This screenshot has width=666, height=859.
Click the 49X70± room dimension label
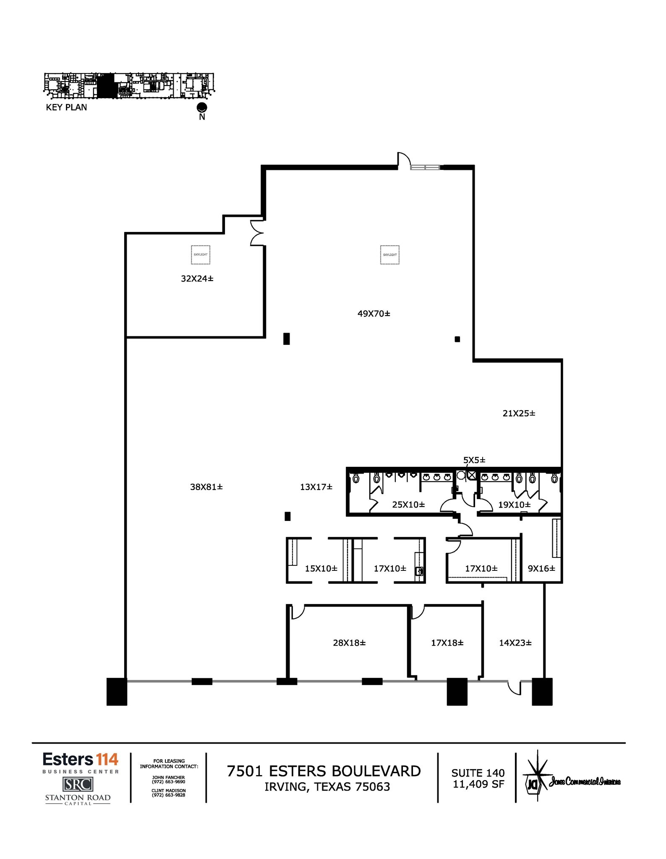[x=373, y=313]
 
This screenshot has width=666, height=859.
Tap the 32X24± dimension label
[x=197, y=279]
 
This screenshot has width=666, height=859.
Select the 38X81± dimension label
[x=206, y=487]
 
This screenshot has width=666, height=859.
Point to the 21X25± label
[x=519, y=413]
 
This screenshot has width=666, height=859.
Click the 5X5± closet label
[x=474, y=460]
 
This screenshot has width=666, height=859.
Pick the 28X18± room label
[x=349, y=643]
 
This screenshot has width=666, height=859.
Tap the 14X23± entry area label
[x=515, y=643]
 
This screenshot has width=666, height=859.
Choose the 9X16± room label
[x=541, y=569]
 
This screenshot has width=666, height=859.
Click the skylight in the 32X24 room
[x=200, y=255]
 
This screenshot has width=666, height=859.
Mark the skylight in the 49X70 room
[x=389, y=255]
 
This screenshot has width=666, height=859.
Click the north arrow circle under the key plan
[x=202, y=107]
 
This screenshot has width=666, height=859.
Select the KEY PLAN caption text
[x=66, y=107]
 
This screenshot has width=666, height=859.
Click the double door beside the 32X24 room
[x=256, y=233]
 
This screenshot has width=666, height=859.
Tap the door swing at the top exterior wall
[x=403, y=161]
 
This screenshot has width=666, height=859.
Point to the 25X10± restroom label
[x=408, y=505]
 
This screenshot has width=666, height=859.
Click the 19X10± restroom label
[x=514, y=505]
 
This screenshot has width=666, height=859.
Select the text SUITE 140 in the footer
[x=478, y=773]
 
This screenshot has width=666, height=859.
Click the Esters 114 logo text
[x=80, y=759]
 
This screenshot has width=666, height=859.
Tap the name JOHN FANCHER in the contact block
[x=168, y=777]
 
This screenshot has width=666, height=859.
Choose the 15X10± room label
[x=321, y=569]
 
